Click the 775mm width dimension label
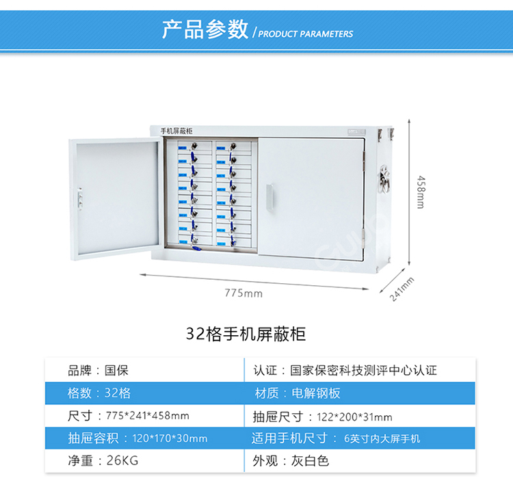(244, 293)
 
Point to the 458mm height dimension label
(421, 192)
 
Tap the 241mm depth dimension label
(402, 289)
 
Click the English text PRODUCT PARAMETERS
(306, 34)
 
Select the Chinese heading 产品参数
(205, 29)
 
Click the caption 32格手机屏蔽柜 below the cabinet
(246, 334)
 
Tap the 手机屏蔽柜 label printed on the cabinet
(176, 131)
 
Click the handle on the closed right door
(269, 197)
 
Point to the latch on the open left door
(79, 198)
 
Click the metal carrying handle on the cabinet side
(384, 179)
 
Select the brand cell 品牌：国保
(98, 371)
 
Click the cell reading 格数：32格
(98, 393)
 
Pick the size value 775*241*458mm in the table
(147, 416)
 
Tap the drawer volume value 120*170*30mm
(170, 438)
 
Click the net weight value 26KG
(122, 460)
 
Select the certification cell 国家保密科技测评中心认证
(363, 371)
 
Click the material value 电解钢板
(316, 393)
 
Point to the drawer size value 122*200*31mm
(354, 417)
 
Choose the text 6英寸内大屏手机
(382, 438)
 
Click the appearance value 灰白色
(310, 461)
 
